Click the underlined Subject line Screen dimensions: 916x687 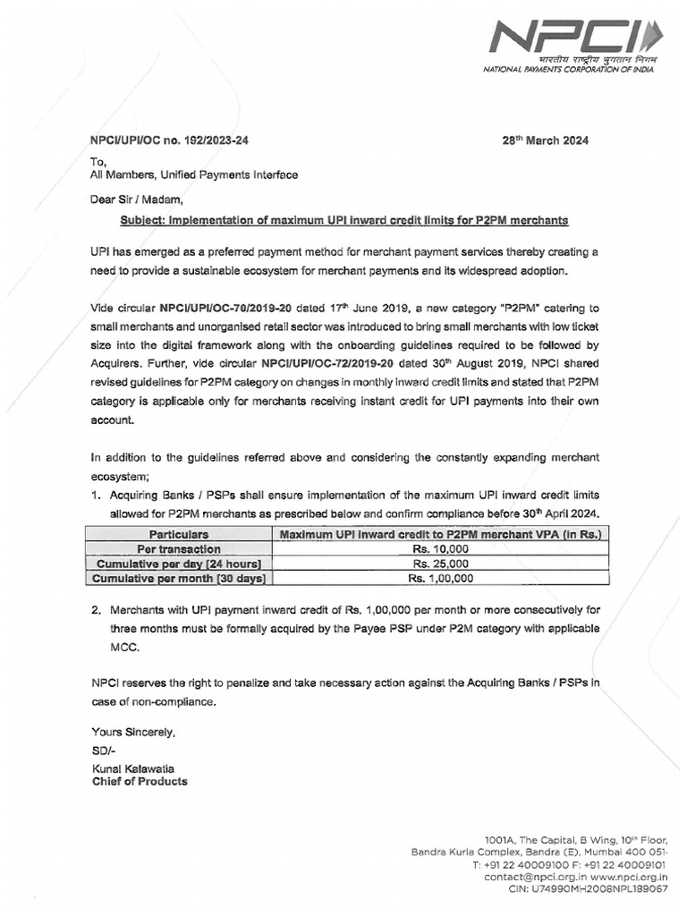[344, 219]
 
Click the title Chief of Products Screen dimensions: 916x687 [140, 781]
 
